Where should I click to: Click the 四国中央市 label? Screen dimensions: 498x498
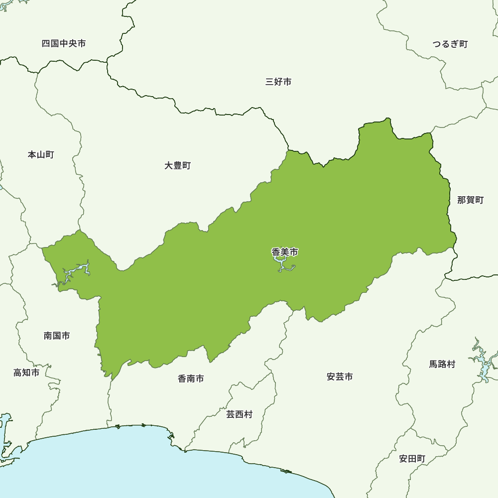(x=64, y=44)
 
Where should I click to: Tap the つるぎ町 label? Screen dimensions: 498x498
(x=450, y=44)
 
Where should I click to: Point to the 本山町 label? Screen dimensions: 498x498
(x=41, y=155)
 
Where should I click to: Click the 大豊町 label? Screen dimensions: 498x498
(x=178, y=166)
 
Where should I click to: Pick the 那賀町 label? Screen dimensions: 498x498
(x=471, y=200)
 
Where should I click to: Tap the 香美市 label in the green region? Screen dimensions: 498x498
(x=285, y=252)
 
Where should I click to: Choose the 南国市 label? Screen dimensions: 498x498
(x=57, y=336)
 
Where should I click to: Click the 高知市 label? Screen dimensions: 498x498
(x=26, y=373)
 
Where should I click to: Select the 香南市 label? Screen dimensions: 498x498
(x=191, y=379)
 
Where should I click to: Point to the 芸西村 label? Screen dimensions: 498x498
(x=240, y=414)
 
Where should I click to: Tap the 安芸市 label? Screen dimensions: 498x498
(x=340, y=377)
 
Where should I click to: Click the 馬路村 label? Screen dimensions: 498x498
(x=442, y=365)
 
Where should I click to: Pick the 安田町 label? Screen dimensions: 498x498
(x=412, y=459)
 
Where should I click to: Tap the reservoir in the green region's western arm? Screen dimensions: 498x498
(x=75, y=272)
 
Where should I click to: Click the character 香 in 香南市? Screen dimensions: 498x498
(x=182, y=379)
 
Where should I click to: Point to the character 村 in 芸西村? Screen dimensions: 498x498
(x=249, y=414)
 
